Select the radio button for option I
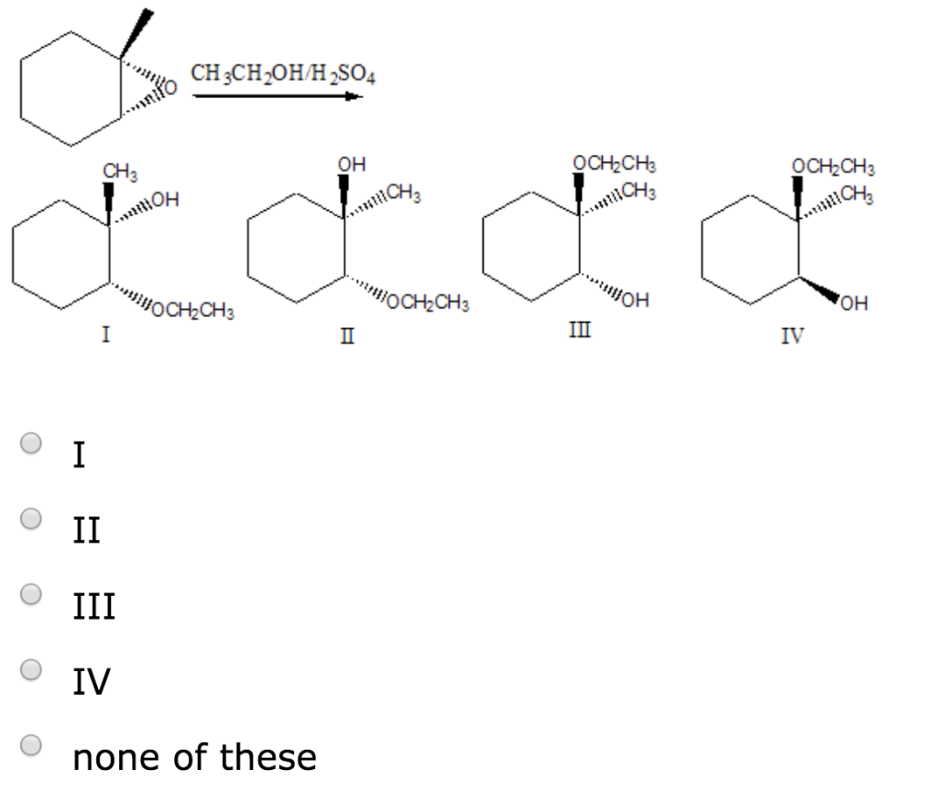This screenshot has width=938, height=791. coord(31,443)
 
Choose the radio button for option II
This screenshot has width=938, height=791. coord(31,519)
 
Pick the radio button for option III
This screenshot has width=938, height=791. coord(31,594)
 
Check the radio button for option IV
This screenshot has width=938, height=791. coord(31,669)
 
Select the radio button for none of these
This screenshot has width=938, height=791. coord(31,745)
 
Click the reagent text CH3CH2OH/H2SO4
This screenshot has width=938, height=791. coord(283,74)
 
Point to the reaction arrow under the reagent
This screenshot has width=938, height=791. coord(278,96)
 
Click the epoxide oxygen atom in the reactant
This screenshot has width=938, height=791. coord(170,87)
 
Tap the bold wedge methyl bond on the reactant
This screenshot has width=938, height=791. coord(137,34)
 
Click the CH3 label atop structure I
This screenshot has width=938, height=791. coord(120,171)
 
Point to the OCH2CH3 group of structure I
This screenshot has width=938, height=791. coord(192,310)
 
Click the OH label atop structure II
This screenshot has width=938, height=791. coord(351,164)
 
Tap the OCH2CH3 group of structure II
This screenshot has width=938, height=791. coord(428,302)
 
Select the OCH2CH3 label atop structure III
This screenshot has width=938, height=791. coord(615,163)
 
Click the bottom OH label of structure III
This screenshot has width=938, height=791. coord(636,300)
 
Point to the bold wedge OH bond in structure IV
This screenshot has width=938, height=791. coord(820,289)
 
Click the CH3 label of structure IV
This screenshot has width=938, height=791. coord(856,194)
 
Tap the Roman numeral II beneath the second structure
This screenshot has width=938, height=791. coord(347,335)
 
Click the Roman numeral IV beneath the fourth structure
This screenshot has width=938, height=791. coord(792,335)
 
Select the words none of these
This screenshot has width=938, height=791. coord(194,757)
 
